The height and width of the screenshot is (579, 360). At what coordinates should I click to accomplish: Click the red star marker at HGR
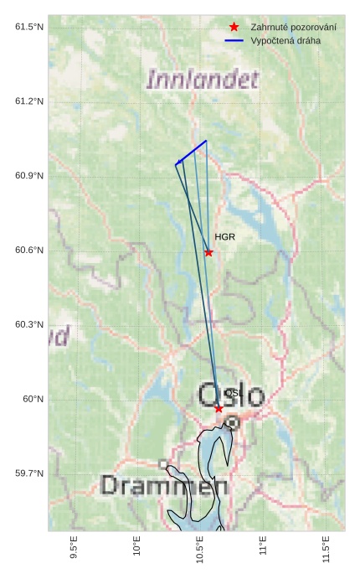pos(208,252)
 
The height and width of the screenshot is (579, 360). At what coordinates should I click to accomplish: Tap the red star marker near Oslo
pos(219,408)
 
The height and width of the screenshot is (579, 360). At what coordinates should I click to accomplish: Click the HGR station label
pos(224,237)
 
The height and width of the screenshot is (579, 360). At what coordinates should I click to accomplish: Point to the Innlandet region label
pos(202,80)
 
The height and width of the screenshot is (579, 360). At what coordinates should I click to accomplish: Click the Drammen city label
pos(163,485)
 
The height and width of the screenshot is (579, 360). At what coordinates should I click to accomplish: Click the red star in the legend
pos(234,28)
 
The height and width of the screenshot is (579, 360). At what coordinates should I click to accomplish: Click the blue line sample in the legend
pos(234,40)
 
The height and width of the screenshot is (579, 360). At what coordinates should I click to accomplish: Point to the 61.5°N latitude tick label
pos(29,28)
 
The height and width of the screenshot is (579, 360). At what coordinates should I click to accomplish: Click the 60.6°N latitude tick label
pos(29,251)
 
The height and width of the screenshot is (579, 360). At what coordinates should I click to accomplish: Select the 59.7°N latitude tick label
pos(29,473)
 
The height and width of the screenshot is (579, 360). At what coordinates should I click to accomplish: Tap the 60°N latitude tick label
pos(33,400)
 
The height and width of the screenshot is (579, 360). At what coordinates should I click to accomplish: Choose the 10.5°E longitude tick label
pos(200,552)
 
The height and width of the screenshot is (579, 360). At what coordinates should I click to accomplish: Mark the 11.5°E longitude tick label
pos(326,552)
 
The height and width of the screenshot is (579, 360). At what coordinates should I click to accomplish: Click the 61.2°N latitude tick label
pos(29,101)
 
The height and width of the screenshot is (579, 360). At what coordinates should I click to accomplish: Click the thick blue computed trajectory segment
pos(192,152)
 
